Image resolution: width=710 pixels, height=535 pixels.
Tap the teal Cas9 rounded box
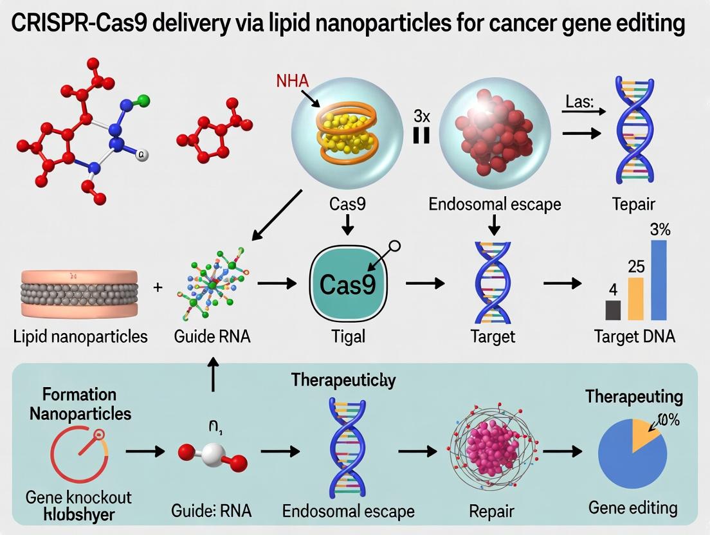347,284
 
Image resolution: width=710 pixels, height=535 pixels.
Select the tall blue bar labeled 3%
659,280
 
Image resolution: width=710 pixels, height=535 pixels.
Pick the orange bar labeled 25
635,298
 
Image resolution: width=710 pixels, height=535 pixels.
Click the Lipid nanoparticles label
80,336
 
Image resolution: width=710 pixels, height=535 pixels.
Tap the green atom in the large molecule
143,100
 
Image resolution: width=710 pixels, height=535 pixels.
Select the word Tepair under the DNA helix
633,204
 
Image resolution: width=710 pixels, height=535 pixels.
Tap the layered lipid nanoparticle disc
79,292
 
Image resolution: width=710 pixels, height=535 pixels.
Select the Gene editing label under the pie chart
633,507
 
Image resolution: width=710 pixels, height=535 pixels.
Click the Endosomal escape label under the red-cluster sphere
494,204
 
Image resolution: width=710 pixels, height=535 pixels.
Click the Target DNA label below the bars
634,336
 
